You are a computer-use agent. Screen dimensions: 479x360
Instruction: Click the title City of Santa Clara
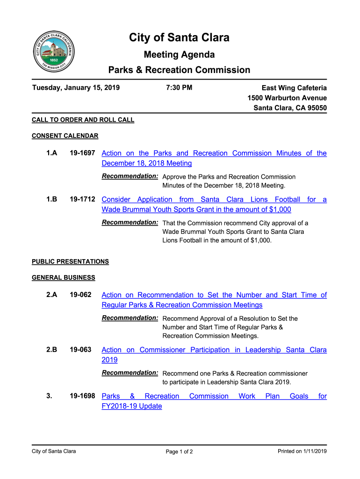click(179, 37)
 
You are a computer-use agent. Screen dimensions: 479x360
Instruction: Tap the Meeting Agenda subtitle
click(179, 55)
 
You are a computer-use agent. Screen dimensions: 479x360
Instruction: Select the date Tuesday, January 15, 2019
click(76, 87)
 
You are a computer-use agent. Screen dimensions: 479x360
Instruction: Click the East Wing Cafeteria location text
click(294, 88)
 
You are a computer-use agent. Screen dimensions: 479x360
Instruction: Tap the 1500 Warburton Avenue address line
click(287, 98)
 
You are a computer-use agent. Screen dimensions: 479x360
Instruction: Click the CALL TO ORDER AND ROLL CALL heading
click(83, 120)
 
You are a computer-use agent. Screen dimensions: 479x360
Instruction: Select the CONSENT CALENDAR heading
click(65, 136)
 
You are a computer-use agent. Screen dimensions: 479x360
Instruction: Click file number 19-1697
click(82, 153)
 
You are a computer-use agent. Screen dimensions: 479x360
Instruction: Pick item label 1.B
click(51, 199)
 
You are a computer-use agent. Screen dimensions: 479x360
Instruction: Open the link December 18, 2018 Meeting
click(147, 163)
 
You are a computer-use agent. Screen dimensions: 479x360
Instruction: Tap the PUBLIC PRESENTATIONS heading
click(70, 261)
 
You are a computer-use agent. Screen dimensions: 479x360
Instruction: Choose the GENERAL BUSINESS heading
click(63, 278)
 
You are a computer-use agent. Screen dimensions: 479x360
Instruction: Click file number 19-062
click(80, 295)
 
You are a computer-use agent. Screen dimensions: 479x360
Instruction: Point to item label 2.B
click(51, 350)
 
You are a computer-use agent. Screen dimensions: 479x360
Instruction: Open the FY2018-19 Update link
click(132, 406)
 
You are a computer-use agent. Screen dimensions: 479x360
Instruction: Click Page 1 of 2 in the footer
click(180, 452)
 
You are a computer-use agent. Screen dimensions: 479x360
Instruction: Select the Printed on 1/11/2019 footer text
click(302, 451)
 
